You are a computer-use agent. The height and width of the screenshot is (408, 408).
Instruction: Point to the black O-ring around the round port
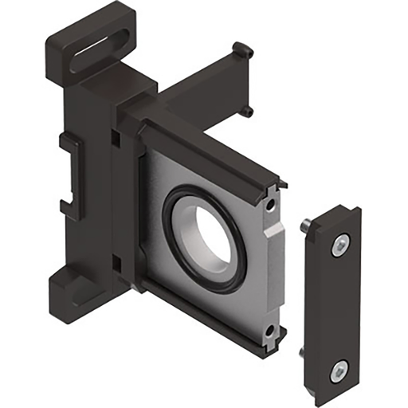[x=171, y=239]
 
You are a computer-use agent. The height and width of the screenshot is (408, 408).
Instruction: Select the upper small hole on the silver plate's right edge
[x=274, y=206]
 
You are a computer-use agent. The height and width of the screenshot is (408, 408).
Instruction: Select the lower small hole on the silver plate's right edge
[x=270, y=329]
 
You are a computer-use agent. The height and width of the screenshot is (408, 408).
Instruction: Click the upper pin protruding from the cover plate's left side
[x=305, y=229]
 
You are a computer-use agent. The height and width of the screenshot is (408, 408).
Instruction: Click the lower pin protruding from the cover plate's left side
[x=301, y=351]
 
